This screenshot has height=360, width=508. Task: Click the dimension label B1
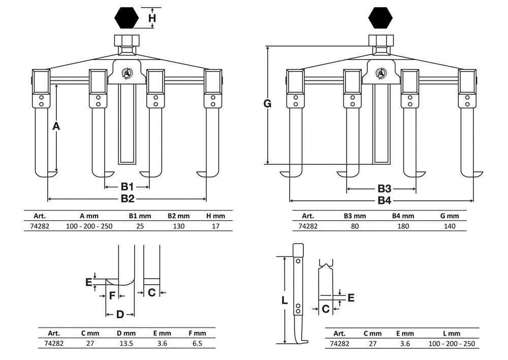pyautogui.click(x=127, y=187)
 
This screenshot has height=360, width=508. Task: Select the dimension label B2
pyautogui.click(x=128, y=198)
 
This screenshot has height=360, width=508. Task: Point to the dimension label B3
pyautogui.click(x=385, y=189)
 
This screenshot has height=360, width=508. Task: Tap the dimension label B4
pyautogui.click(x=385, y=200)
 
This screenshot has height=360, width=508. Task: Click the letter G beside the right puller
pyautogui.click(x=267, y=104)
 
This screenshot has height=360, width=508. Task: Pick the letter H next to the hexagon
pyautogui.click(x=152, y=18)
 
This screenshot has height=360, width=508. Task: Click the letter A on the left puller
pyautogui.click(x=56, y=126)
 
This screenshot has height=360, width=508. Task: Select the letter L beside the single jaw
pyautogui.click(x=284, y=301)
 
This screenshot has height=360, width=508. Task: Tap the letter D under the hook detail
pyautogui.click(x=120, y=314)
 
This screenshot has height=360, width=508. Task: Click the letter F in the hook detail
pyautogui.click(x=112, y=295)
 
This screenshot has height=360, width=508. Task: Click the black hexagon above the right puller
pyautogui.click(x=380, y=18)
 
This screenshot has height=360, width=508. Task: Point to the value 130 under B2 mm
pyautogui.click(x=178, y=226)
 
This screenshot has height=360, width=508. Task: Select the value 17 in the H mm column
pyautogui.click(x=215, y=226)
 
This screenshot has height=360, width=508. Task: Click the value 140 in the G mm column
pyautogui.click(x=450, y=226)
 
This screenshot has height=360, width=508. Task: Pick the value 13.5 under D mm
pyautogui.click(x=126, y=343)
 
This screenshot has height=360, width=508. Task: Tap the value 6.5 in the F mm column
pyautogui.click(x=197, y=343)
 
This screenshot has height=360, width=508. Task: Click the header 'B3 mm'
pyautogui.click(x=355, y=216)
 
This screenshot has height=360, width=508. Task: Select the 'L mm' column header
pyautogui.click(x=451, y=334)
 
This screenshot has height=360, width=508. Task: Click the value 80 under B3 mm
pyautogui.click(x=355, y=226)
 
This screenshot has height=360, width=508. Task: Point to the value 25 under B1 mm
pyautogui.click(x=140, y=226)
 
